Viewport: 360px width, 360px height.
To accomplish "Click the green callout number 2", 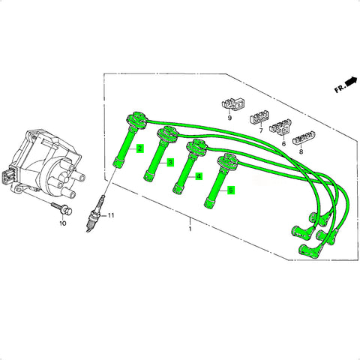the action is (140, 148).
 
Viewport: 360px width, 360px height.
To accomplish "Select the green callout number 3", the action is (170, 163).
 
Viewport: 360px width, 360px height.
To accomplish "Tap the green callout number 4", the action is (199, 176).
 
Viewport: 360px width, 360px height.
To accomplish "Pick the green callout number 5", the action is (231, 190).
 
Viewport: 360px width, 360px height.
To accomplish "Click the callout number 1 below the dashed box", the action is (190, 229).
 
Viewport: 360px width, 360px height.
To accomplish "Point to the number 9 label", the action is (229, 118).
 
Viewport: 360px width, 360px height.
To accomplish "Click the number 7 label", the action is (261, 130).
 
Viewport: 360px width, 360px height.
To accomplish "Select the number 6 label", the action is (283, 144).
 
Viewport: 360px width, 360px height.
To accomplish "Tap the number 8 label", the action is (301, 151).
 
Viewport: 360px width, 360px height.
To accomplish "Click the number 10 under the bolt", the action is (62, 223).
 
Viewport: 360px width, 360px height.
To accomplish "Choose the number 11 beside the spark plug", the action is (111, 215).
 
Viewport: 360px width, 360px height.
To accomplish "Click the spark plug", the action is (94, 214).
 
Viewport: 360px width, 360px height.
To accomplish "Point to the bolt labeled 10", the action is (62, 209).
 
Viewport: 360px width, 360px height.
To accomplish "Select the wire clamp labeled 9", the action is (233, 105).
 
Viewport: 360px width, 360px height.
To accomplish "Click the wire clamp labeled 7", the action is (259, 118).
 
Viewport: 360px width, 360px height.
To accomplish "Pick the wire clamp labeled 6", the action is (280, 127).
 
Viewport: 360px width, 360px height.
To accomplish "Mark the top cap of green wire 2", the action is (136, 119).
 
